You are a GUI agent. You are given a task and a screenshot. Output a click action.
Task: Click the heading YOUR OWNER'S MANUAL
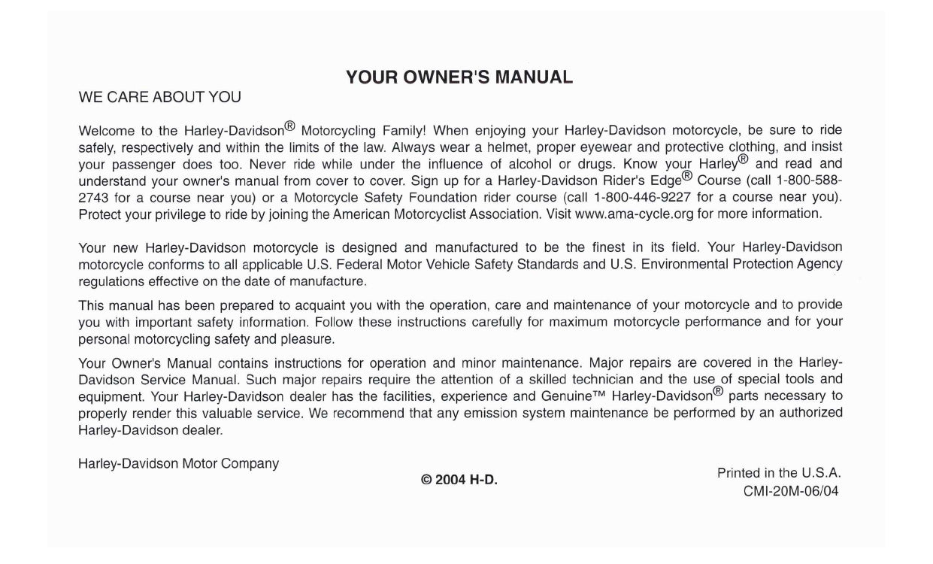459,77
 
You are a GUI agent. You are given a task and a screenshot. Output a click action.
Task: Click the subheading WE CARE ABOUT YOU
160,97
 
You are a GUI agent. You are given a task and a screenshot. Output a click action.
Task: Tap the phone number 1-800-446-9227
643,197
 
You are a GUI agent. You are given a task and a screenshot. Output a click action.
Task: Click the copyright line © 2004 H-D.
459,479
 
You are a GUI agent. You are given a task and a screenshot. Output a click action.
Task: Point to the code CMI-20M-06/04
792,492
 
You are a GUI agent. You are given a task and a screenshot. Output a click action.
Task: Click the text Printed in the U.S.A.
779,473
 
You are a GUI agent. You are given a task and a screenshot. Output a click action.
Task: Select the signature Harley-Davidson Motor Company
178,464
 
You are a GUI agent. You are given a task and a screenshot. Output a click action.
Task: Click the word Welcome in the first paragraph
106,130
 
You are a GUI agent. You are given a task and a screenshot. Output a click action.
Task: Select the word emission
480,412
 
